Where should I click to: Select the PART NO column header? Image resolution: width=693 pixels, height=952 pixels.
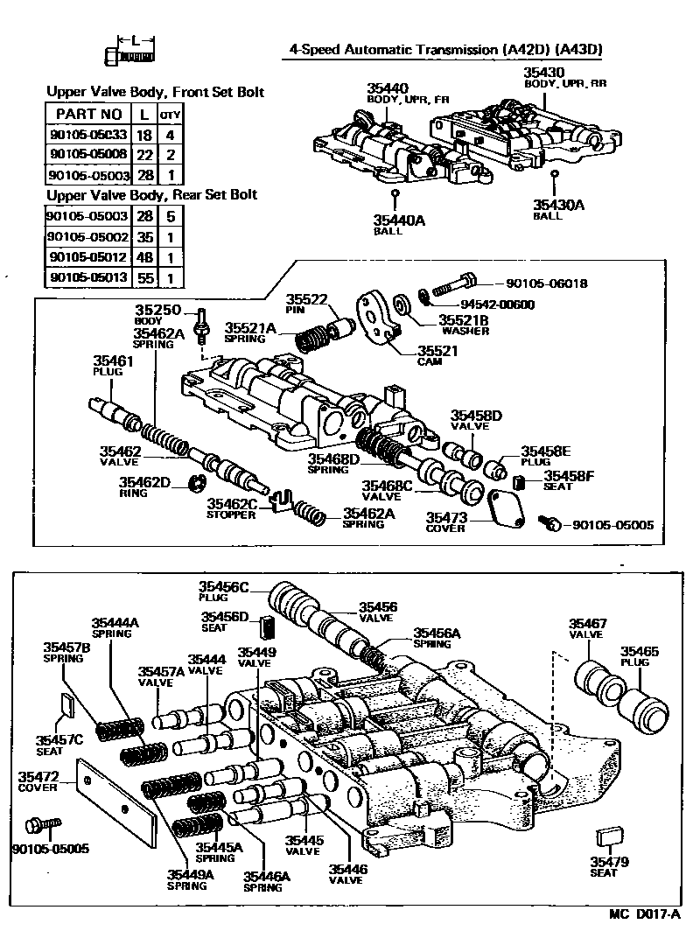tap(88, 114)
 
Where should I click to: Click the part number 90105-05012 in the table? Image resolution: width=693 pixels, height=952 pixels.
tap(88, 257)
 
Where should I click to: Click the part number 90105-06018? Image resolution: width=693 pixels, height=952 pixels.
tap(547, 283)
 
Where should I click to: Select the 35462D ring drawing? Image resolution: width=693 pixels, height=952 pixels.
tap(198, 482)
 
